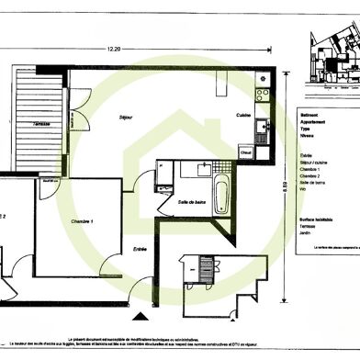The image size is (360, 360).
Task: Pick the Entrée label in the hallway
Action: pyautogui.click(x=140, y=248)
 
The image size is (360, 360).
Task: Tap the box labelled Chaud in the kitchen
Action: pyautogui.click(x=246, y=152)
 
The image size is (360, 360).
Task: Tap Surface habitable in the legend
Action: pyautogui.click(x=318, y=219)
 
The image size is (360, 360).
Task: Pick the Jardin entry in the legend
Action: pyautogui.click(x=308, y=245)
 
